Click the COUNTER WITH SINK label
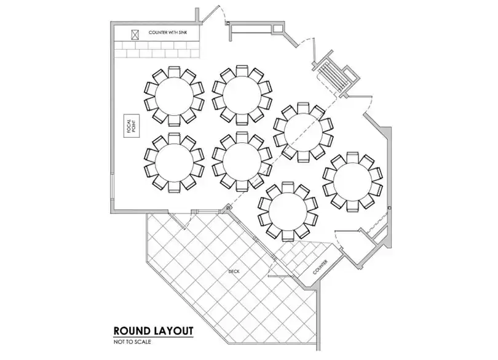point(168,33)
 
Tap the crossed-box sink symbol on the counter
point(135,34)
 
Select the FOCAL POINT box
point(132,126)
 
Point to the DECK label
point(234,271)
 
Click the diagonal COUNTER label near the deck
point(320,267)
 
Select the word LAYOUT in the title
point(174,330)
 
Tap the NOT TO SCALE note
point(132,342)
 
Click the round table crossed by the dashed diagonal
point(303,132)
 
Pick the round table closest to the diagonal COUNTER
point(288,212)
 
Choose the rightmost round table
point(352,182)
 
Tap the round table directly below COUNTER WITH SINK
point(174,95)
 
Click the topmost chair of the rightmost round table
point(352,158)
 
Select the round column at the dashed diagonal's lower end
point(228,208)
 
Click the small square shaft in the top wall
point(277,28)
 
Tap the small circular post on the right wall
point(389,208)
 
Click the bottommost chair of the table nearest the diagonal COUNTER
point(288,236)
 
